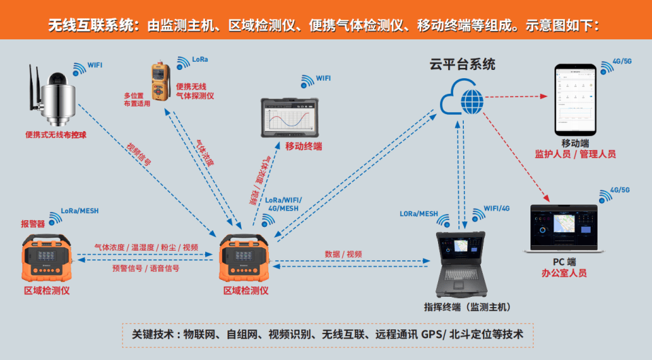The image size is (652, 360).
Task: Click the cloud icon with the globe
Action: (462, 100)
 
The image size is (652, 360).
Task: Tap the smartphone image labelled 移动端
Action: (575, 100)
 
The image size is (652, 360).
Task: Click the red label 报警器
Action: (33, 223)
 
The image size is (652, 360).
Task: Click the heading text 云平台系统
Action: (463, 65)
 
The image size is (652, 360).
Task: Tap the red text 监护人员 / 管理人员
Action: (575, 154)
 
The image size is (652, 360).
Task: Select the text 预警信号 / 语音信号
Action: (146, 268)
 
